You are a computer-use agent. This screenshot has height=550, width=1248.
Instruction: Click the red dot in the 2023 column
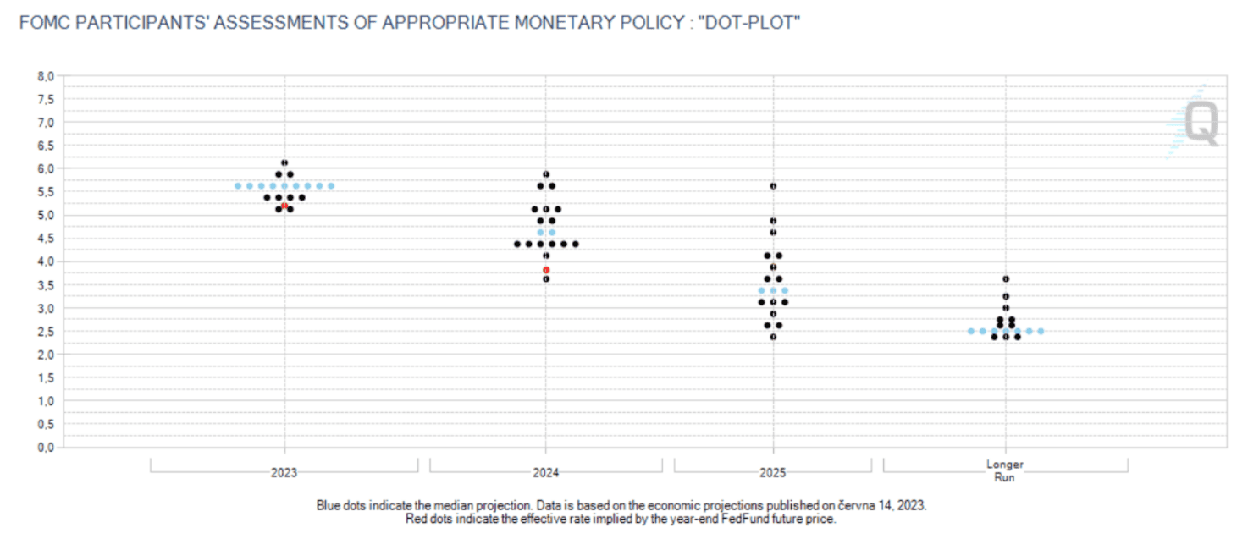284,206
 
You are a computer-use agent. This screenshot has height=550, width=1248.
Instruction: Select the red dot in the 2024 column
546,270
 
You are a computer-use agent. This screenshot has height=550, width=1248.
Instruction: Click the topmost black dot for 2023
284,162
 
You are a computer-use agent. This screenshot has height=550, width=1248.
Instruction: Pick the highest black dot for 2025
773,185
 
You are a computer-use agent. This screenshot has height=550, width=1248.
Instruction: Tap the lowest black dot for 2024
546,278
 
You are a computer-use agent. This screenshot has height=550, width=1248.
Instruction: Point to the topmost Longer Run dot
1006,278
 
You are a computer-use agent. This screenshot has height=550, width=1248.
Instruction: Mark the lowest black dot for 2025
773,337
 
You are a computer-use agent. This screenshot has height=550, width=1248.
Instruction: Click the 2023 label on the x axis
284,473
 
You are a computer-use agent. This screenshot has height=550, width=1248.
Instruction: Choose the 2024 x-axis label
546,473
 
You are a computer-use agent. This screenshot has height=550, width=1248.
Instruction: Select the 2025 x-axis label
773,473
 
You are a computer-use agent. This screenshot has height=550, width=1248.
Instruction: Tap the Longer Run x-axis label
1005,470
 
